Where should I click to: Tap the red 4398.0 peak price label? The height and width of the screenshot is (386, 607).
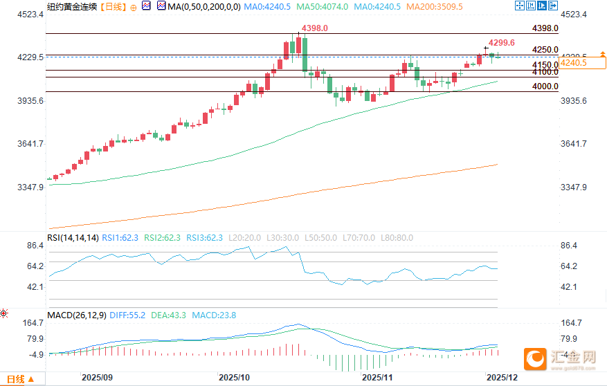(x=315, y=28)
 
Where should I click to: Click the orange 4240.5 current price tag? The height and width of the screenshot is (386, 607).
(x=574, y=63)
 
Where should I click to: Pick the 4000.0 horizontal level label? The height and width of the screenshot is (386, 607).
(x=545, y=86)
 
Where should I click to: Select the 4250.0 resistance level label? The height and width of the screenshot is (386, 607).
(x=545, y=50)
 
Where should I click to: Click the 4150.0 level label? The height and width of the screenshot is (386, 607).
(x=545, y=65)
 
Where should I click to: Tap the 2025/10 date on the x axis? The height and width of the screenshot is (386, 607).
(x=234, y=378)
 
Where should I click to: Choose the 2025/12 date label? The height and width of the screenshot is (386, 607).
(x=502, y=378)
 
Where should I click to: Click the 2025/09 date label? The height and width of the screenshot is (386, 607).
(x=97, y=378)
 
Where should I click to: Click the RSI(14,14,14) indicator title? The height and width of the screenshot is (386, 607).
(x=72, y=237)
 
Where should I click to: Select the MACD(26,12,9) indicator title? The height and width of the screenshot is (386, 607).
(x=76, y=315)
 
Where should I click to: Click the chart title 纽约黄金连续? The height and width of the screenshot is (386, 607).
(x=71, y=6)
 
